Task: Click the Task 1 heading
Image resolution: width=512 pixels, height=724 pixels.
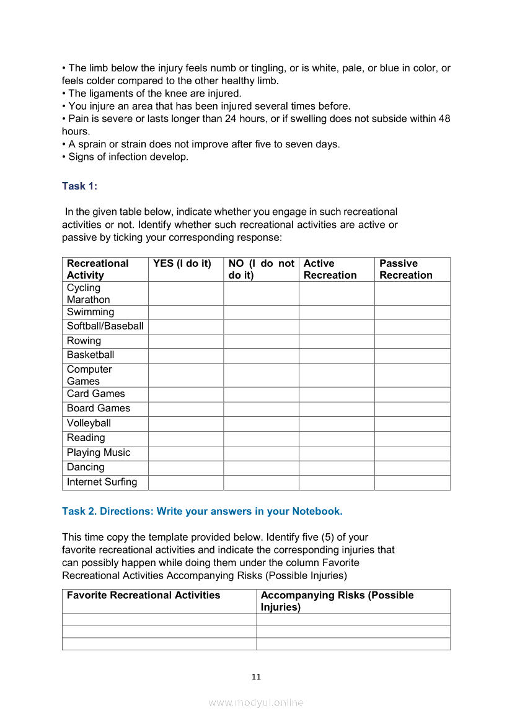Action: click(x=79, y=186)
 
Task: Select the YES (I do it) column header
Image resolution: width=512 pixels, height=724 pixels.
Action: click(x=182, y=264)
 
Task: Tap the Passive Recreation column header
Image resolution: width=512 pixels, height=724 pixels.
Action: click(x=406, y=269)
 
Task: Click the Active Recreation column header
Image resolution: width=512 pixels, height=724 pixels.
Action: click(x=330, y=269)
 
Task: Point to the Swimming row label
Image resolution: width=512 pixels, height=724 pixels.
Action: click(x=90, y=312)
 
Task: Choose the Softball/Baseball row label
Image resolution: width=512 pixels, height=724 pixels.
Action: click(x=105, y=326)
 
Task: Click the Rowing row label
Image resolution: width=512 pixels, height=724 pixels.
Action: click(x=84, y=341)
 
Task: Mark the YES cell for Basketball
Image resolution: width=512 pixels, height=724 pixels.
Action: click(x=186, y=355)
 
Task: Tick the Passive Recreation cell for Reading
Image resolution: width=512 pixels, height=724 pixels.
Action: click(x=412, y=438)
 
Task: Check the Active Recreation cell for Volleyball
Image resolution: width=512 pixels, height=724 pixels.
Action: click(x=337, y=424)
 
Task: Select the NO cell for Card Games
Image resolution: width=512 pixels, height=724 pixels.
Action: click(x=261, y=395)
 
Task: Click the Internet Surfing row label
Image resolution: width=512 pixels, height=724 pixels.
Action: click(x=102, y=482)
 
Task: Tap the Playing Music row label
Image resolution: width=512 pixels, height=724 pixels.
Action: click(x=99, y=453)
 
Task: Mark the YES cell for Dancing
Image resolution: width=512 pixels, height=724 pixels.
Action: click(x=186, y=468)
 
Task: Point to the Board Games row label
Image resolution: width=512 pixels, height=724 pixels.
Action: click(x=99, y=409)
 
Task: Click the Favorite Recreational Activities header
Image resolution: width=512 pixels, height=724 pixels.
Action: click(x=143, y=596)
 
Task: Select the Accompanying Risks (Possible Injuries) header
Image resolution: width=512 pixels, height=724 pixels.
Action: click(x=337, y=601)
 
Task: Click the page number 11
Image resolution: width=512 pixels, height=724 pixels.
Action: click(x=256, y=677)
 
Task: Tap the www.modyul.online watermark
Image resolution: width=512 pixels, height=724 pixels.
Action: click(x=256, y=703)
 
